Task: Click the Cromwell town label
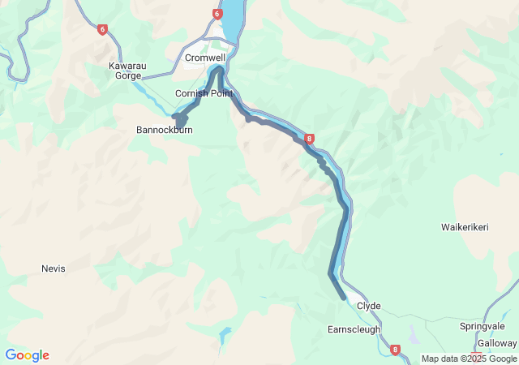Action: pos(204,58)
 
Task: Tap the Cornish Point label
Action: pos(204,93)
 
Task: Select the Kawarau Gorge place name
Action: pos(126,71)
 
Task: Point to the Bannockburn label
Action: pos(164,130)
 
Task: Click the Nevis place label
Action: pos(53,268)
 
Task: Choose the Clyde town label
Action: pos(368,307)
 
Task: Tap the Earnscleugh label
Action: pos(354,330)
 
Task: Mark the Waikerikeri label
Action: pos(465,227)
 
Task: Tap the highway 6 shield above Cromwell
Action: pos(217,14)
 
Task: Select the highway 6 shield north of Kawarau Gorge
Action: pos(101,30)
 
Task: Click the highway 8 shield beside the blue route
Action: pos(310,140)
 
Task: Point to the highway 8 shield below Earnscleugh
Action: pos(395,350)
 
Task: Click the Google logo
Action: pos(27,355)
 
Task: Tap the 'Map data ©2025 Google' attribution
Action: pos(469,359)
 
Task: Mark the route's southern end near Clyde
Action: pos(344,298)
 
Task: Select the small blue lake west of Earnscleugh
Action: pos(225,333)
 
